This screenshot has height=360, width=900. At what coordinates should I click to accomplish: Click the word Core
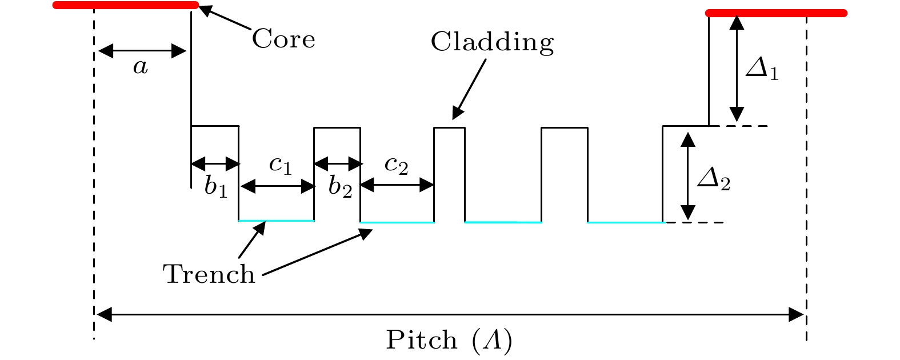pyautogui.click(x=283, y=39)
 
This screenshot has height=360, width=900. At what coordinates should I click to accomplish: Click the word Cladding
pyautogui.click(x=492, y=42)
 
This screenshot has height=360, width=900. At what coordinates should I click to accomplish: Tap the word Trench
pyautogui.click(x=209, y=274)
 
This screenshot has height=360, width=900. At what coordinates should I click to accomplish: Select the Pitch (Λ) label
pyautogui.click(x=449, y=341)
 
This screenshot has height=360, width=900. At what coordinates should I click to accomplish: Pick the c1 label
pyautogui.click(x=281, y=165)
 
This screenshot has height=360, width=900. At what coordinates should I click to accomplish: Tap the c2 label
pyautogui.click(x=396, y=165)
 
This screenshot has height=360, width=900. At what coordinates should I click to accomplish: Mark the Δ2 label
pyautogui.click(x=714, y=181)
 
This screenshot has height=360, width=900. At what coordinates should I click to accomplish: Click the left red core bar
pyautogui.click(x=125, y=5)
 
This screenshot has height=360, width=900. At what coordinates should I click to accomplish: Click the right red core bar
pyautogui.click(x=776, y=13)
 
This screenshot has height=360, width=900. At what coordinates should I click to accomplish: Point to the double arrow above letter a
pyautogui.click(x=142, y=51)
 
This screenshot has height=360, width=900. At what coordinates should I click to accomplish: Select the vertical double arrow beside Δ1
pyautogui.click(x=737, y=69)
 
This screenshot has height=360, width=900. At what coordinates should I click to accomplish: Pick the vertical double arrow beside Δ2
pyautogui.click(x=689, y=175)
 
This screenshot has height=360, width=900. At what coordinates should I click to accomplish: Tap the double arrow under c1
pyautogui.click(x=278, y=186)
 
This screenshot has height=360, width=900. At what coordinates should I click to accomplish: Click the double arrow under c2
pyautogui.click(x=397, y=185)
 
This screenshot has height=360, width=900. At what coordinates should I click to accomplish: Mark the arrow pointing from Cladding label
pyautogui.click(x=469, y=89)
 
